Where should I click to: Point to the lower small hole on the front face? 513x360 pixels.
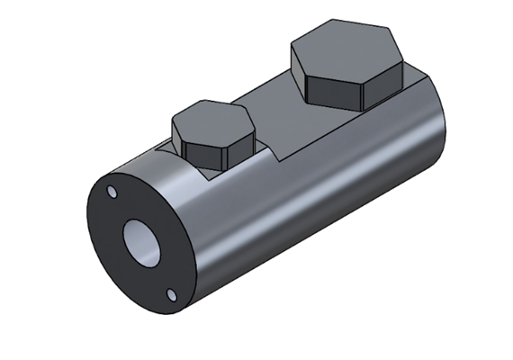point(171,292)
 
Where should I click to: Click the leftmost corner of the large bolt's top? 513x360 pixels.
point(291,56)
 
